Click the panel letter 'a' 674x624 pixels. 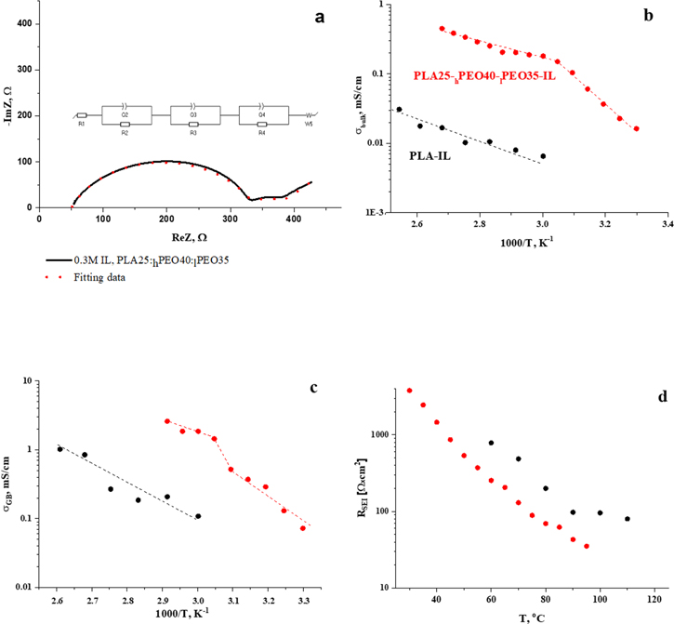click(276, 16)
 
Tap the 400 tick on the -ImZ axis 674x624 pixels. click(24, 23)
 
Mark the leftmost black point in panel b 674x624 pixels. click(400, 109)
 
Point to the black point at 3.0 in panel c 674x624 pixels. click(198, 516)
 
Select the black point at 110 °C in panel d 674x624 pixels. click(628, 519)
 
